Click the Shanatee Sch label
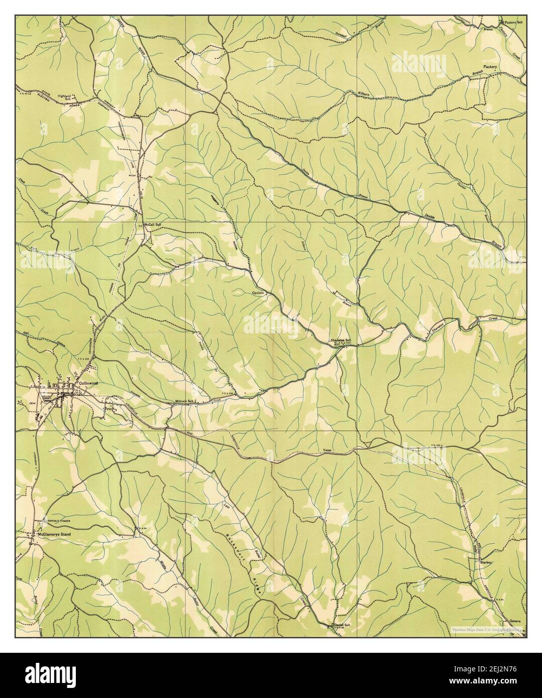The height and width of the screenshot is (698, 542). (x=341, y=340)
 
